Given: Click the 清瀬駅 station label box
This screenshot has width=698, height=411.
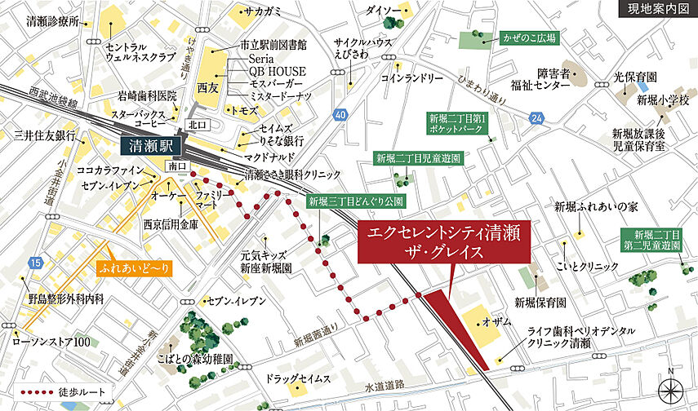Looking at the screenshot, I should pos(153,147).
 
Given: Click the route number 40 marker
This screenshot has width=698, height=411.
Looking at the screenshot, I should pos(340,115).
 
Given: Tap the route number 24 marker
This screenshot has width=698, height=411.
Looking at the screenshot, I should pos(536,119).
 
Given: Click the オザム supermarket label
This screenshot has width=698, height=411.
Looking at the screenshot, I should pos(497,323).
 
